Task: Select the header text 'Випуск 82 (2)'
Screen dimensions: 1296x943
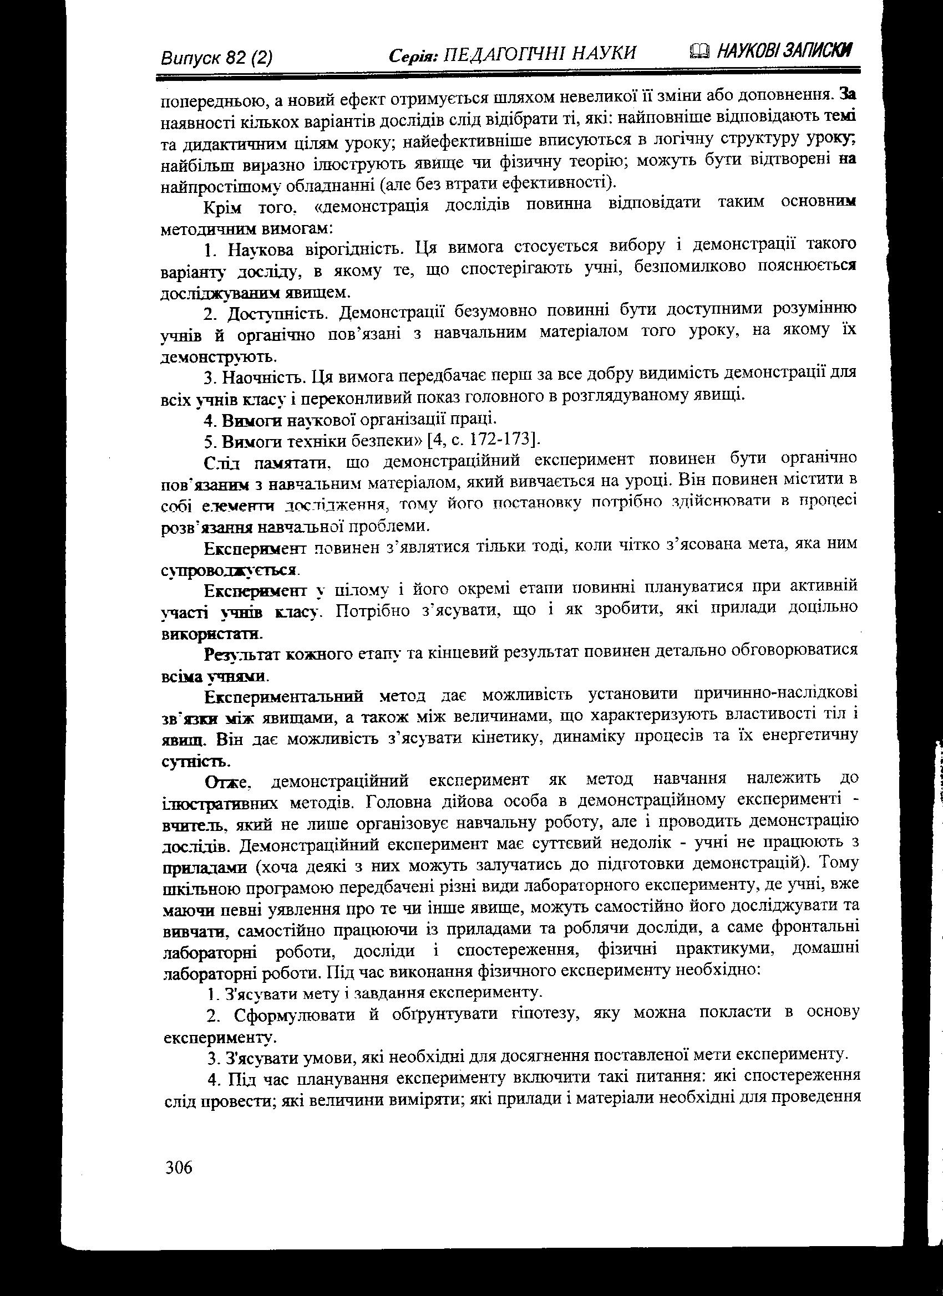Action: click(217, 58)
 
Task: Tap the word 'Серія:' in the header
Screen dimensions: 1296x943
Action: click(413, 55)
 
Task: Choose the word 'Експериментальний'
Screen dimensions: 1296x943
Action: click(284, 696)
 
